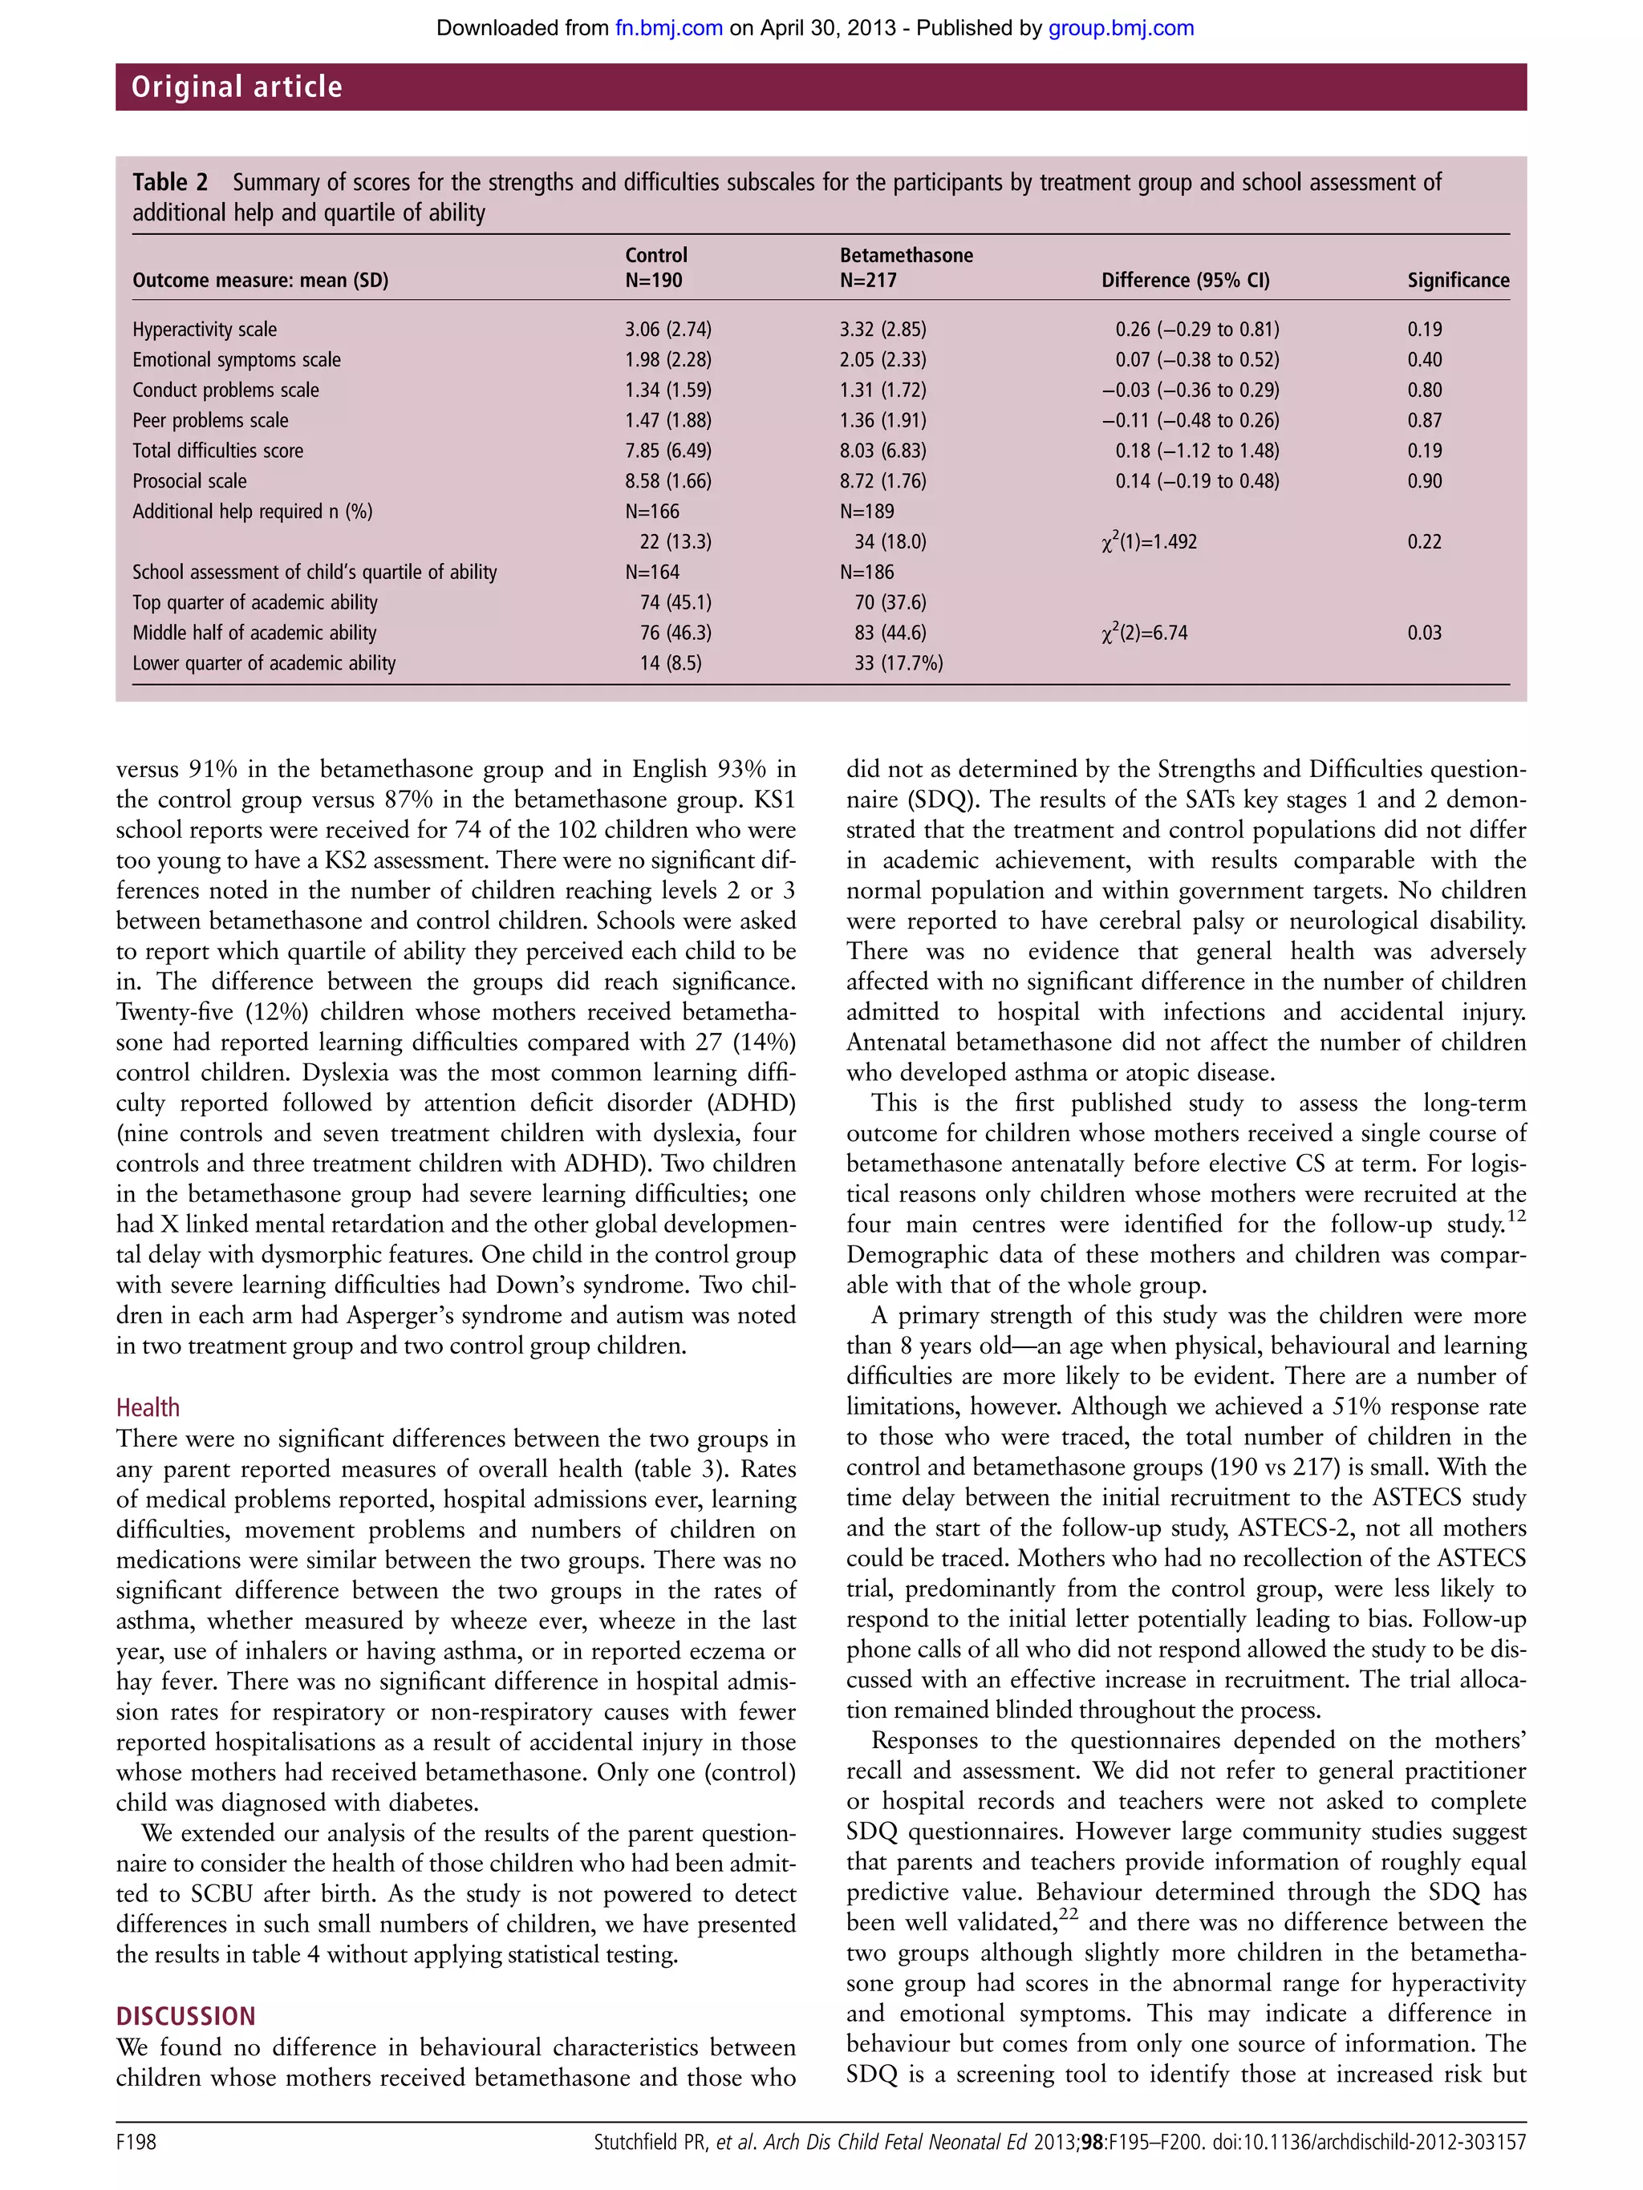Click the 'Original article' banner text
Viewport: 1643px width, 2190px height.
tap(237, 87)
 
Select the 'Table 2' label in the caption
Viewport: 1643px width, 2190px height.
tap(170, 182)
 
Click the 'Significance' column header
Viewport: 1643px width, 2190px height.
tap(1458, 280)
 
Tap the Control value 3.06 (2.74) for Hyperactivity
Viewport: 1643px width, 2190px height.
tap(667, 329)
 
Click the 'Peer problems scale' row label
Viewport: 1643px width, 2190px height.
tap(210, 419)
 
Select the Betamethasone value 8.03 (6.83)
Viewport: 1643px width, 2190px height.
tap(882, 451)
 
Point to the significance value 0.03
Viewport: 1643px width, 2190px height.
tap(1424, 633)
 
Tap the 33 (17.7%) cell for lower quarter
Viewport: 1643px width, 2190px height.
tap(899, 663)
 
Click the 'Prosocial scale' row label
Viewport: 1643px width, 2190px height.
tap(189, 481)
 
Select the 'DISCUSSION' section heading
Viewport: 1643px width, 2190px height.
tap(185, 2016)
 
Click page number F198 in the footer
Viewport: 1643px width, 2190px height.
tap(136, 2143)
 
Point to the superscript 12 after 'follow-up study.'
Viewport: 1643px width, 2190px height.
tap(1516, 1216)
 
